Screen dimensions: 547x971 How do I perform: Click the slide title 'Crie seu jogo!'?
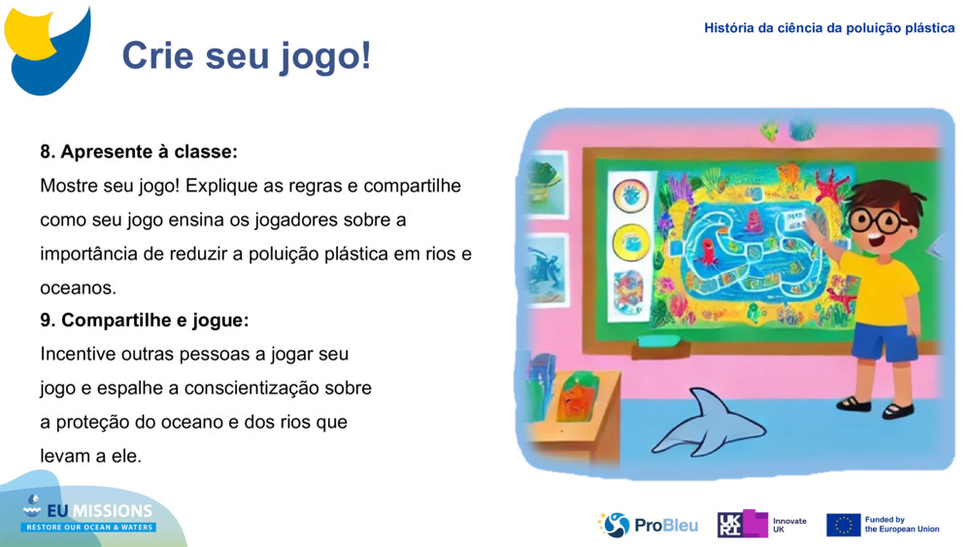pos(247,56)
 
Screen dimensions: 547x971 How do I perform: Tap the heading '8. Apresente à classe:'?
pos(139,153)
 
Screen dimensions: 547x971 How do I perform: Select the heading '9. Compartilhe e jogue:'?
pos(145,320)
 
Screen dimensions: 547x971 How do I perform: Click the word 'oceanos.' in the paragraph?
pos(78,288)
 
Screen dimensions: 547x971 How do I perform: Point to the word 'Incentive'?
pos(78,354)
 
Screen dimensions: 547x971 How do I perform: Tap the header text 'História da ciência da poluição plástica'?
pos(829,28)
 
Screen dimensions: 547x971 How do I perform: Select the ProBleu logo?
pos(648,525)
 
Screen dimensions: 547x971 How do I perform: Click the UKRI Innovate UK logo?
pos(762,525)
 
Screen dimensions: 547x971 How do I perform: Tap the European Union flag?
pos(843,525)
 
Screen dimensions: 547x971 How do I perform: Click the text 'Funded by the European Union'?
pos(901,525)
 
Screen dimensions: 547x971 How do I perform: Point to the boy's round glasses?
pos(880,220)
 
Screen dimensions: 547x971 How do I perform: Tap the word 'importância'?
pos(85,254)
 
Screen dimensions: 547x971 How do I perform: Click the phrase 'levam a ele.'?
pos(90,456)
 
